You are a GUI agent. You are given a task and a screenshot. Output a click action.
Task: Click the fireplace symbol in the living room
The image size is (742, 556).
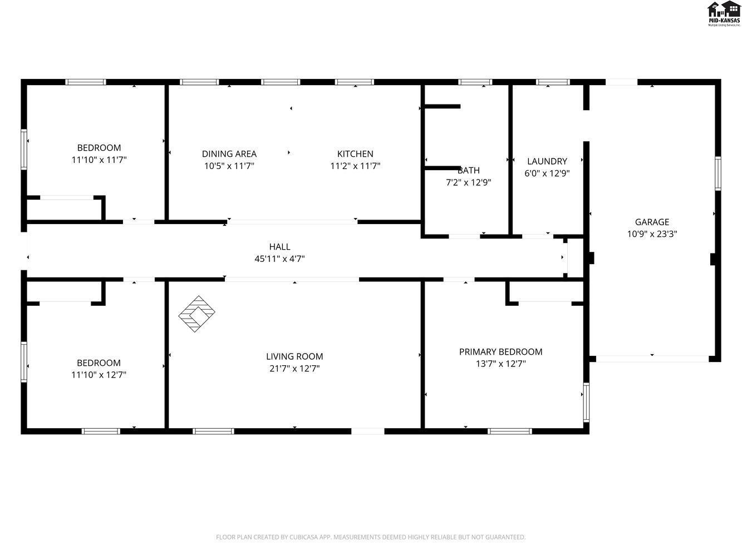196,314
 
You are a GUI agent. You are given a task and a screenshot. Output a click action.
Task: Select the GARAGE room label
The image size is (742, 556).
652,222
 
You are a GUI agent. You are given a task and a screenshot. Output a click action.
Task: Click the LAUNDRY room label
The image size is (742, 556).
547,161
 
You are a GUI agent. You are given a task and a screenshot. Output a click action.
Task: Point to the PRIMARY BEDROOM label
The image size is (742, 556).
500,351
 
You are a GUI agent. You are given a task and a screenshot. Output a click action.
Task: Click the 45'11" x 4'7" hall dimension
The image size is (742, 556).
279,259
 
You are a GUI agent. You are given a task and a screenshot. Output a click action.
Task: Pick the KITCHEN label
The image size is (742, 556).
355,154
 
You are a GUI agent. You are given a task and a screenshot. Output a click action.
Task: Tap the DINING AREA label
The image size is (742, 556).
229,154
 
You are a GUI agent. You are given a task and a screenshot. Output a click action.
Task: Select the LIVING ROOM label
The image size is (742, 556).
294,356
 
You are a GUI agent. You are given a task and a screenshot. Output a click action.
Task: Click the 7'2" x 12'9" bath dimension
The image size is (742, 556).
468,182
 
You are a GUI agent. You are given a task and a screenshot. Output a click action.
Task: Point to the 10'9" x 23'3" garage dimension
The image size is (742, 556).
652,234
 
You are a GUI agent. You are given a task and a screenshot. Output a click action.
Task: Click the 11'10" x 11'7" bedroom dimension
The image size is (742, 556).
99,160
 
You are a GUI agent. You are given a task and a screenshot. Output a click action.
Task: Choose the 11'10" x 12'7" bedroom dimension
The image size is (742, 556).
99,375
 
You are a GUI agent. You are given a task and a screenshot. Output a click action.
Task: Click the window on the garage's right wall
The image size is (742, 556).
718,173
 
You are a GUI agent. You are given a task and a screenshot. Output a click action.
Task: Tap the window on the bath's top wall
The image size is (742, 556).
475,82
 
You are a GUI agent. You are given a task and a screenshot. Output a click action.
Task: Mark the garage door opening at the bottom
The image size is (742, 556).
652,359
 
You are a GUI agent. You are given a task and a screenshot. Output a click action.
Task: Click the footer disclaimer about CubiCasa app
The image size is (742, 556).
371,537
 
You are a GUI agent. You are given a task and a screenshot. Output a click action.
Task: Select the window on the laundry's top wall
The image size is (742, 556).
553,82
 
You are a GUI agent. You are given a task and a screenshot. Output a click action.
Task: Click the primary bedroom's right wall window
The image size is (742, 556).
586,402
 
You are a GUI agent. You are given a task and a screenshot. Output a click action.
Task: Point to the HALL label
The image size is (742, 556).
279,247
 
